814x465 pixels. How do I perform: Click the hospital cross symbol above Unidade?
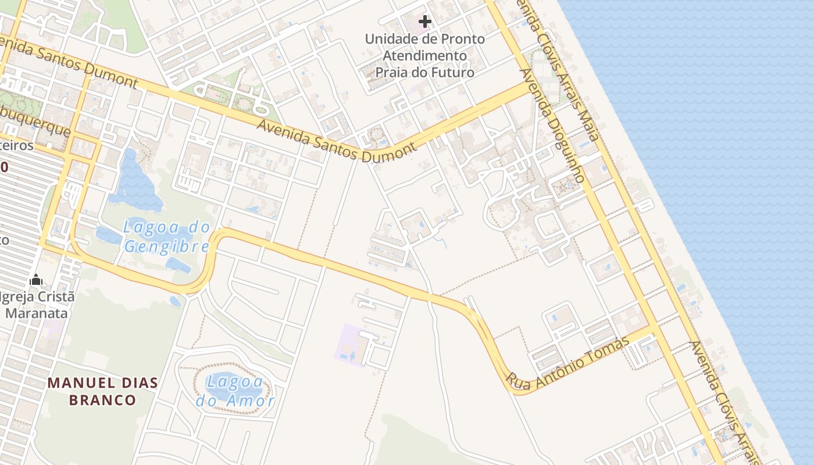[x=425, y=22]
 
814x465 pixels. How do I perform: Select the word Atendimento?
[x=425, y=56]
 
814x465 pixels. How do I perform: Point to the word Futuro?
[x=450, y=73]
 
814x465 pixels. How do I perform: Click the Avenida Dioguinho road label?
[x=552, y=126]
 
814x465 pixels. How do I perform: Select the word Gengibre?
[x=166, y=246]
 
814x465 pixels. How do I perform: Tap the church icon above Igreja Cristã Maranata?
[x=36, y=280]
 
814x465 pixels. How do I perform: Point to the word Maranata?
[x=36, y=313]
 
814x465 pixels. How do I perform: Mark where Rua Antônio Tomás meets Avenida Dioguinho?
[x=653, y=329]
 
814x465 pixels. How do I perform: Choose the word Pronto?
[x=465, y=40]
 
